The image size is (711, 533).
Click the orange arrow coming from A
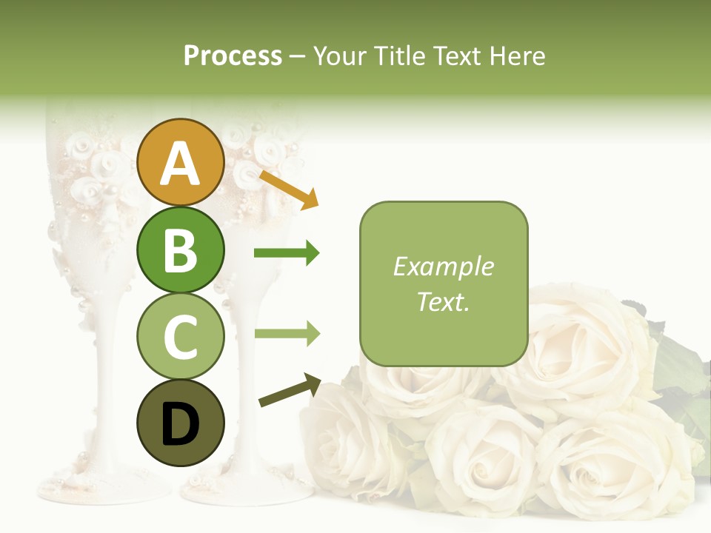coord(288,190)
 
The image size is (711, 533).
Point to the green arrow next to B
coord(287,253)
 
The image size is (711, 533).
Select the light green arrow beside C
coord(287,333)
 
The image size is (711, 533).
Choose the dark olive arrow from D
coord(290,390)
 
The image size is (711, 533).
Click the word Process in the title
coord(233,56)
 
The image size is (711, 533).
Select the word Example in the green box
coord(443,266)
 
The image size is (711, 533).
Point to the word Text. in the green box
coord(443,301)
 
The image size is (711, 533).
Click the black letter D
coord(180,425)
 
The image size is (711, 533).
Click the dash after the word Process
coord(297,56)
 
